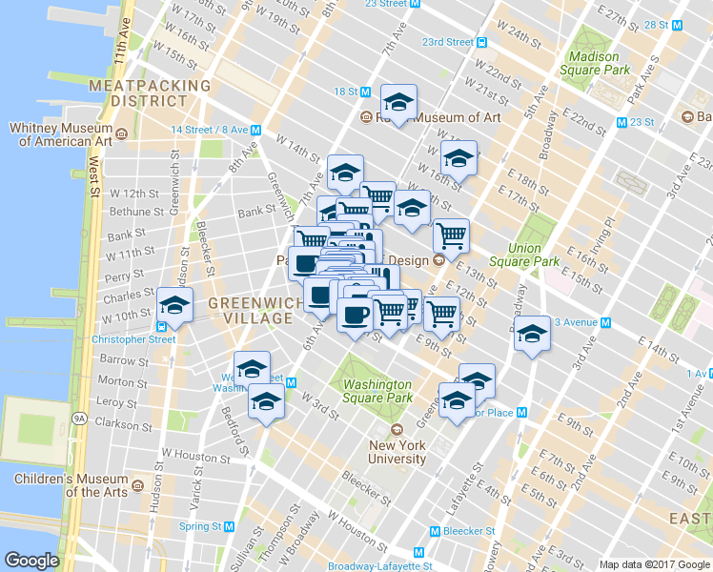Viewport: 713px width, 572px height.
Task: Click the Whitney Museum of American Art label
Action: coord(60,134)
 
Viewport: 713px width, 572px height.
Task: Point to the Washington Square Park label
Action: coord(377,391)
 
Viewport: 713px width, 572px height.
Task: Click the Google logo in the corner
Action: coord(32,561)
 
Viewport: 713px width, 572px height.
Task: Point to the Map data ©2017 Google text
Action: coord(653,564)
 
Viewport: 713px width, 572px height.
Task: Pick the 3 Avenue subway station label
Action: coord(577,322)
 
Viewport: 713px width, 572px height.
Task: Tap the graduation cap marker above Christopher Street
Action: coord(174,305)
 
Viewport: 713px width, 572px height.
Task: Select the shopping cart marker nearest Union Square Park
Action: coord(450,235)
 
